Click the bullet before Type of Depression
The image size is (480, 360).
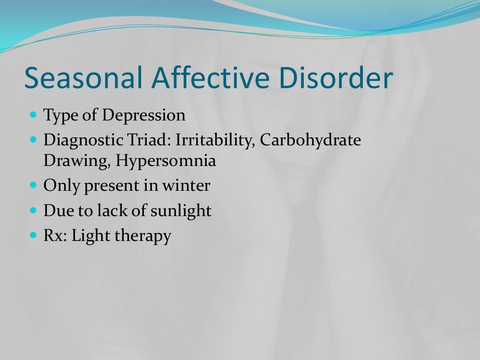coord(33,114)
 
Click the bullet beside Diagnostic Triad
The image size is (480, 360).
coord(33,140)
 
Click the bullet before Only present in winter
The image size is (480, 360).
coord(33,185)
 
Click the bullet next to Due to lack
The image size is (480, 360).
coord(33,210)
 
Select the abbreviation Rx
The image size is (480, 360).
coord(56,235)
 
